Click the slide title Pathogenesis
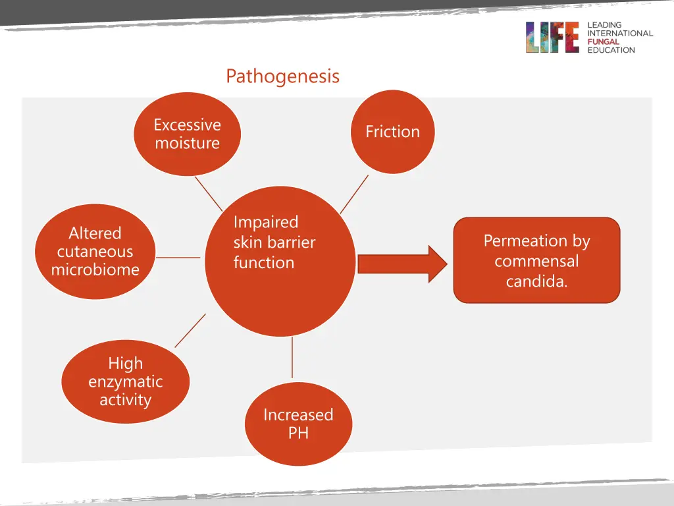(282, 76)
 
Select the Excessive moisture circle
(188, 134)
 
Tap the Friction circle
(392, 132)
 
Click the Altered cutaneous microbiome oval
(95, 252)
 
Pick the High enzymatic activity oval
(125, 382)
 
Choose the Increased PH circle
(298, 424)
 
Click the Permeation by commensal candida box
(536, 260)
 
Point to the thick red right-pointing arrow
(402, 264)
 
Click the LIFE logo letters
(552, 38)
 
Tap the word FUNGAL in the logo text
(603, 42)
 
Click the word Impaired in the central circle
(266, 222)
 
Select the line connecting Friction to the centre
(354, 194)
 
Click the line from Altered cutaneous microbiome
(178, 258)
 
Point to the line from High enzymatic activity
(190, 330)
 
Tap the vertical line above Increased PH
(292, 359)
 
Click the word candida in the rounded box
(536, 282)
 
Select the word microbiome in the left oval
(95, 269)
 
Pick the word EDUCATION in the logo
(611, 50)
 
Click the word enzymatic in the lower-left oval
(125, 381)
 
